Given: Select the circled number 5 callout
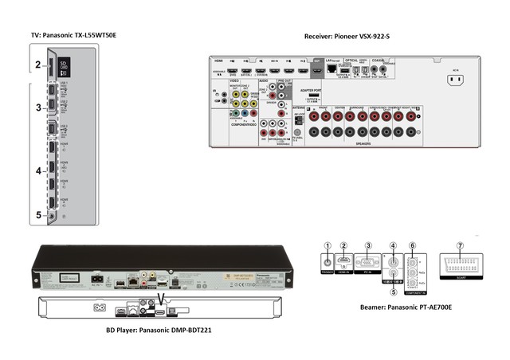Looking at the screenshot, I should [393, 291].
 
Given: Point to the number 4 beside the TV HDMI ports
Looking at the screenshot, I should [37, 170].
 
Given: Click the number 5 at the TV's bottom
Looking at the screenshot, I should [37, 214].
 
